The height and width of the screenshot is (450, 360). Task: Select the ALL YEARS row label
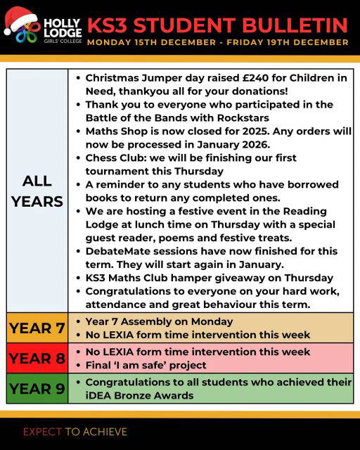(x=37, y=191)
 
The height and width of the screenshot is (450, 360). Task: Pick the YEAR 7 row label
(x=37, y=328)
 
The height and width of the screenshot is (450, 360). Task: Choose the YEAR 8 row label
(x=37, y=358)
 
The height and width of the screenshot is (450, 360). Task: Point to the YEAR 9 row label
(x=37, y=389)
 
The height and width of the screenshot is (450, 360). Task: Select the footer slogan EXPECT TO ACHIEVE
(x=75, y=430)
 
